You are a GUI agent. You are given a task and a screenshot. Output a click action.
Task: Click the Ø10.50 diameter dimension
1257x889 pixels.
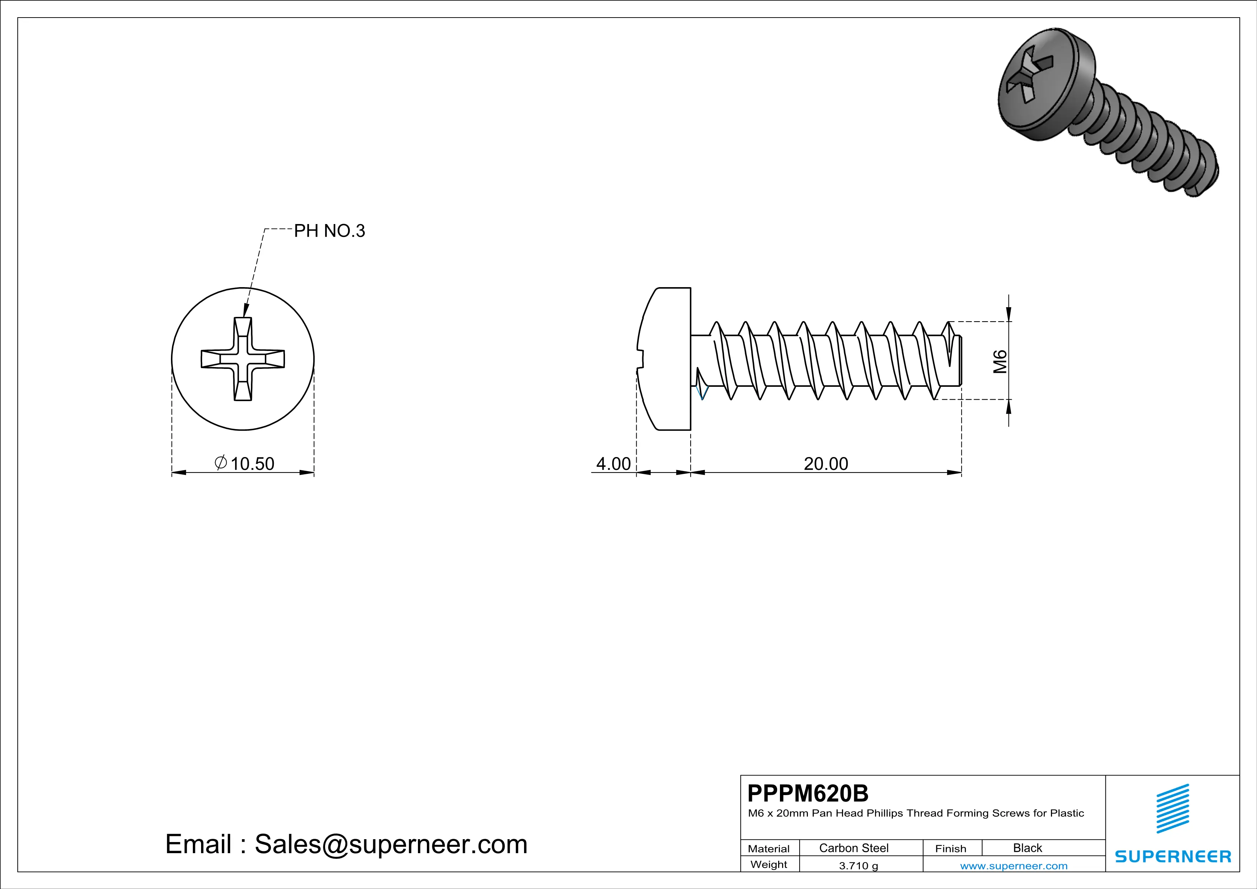pos(245,463)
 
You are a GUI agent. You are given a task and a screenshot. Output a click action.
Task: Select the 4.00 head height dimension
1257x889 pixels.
pos(613,463)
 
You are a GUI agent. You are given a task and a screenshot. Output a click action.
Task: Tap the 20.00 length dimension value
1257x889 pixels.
pos(825,463)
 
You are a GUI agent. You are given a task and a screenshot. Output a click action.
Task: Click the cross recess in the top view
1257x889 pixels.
pos(243,359)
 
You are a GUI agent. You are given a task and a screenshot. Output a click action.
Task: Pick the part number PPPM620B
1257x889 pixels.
pos(808,793)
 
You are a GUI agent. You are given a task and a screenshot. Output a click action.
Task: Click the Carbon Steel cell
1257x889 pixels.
pos(853,848)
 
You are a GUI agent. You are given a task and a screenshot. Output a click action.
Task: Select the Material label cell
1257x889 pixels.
pos(769,848)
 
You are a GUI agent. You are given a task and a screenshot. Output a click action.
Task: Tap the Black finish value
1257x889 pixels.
pos(1027,848)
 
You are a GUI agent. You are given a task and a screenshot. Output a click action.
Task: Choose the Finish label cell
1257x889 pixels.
pos(951,848)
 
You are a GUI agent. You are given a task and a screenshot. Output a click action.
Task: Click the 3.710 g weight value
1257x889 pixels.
pos(858,865)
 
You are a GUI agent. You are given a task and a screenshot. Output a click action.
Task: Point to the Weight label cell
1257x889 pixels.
pos(769,864)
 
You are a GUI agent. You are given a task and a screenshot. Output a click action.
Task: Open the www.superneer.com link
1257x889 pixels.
pos(1013,865)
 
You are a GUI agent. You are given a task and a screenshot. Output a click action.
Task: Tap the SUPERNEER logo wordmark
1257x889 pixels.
pos(1173,856)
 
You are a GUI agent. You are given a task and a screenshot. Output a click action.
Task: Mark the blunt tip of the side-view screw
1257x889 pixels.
pos(960,361)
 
